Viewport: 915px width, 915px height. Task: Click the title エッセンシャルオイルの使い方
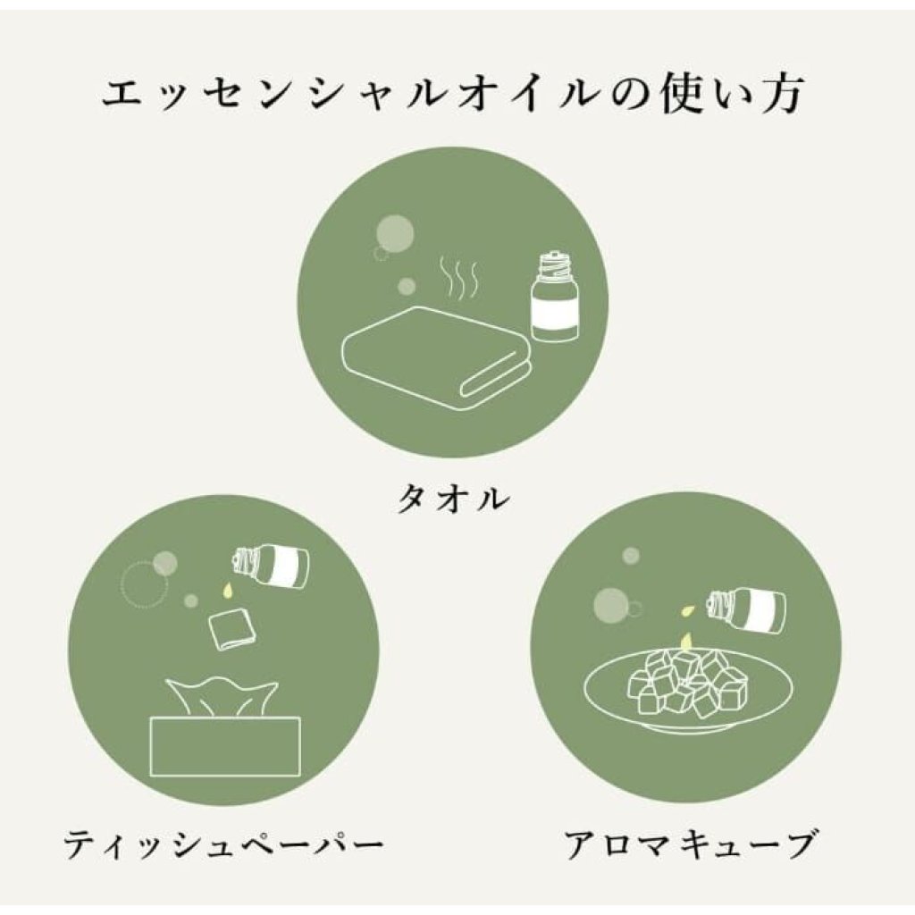(453, 94)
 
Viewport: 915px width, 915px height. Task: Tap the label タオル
(453, 499)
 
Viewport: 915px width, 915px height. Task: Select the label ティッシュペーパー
(223, 844)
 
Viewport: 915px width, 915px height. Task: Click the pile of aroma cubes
(686, 684)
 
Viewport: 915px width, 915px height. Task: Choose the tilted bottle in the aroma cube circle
(746, 610)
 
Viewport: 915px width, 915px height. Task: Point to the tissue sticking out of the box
(222, 697)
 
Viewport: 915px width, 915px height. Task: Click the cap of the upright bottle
(553, 264)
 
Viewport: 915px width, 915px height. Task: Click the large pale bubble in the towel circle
(395, 233)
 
